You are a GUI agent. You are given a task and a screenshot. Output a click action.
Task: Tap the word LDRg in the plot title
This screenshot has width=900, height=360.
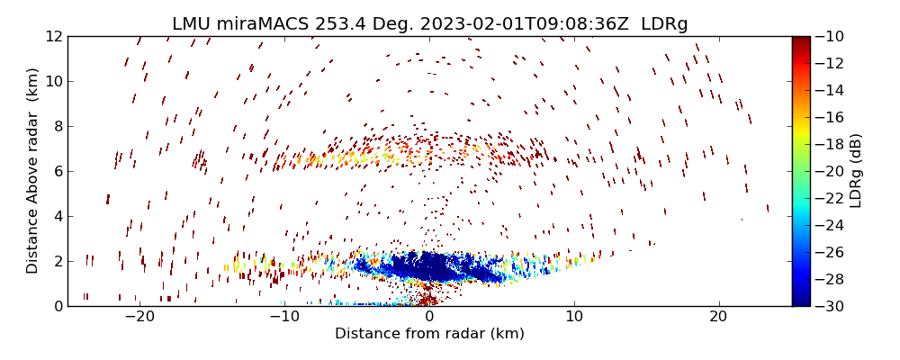tap(664, 24)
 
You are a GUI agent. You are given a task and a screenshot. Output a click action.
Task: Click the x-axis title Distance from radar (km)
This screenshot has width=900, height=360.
tap(429, 334)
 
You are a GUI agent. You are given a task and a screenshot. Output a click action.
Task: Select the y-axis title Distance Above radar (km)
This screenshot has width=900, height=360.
tap(33, 171)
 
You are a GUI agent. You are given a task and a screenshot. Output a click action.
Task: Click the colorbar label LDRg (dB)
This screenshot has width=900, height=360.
tap(855, 171)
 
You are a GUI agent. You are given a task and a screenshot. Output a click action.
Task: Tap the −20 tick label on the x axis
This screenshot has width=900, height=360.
tap(139, 317)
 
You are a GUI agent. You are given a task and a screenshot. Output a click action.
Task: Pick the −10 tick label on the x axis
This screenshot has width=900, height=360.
tap(284, 317)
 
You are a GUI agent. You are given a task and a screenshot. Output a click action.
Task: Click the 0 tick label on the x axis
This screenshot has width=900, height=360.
tap(429, 317)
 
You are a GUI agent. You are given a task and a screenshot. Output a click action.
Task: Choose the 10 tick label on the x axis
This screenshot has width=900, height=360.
tap(574, 317)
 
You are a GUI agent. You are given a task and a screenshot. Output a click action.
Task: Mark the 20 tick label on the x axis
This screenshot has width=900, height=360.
tap(718, 317)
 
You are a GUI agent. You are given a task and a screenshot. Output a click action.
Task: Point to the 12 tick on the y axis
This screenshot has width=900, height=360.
tap(54, 36)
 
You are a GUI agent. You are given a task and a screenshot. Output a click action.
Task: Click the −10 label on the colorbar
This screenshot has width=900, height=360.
tap(828, 36)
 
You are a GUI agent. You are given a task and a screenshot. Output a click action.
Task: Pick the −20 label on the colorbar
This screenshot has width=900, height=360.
tap(828, 171)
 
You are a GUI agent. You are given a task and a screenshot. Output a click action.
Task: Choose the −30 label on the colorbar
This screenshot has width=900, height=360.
tap(828, 306)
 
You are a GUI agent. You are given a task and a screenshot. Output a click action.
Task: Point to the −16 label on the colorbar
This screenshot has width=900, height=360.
tap(828, 117)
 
